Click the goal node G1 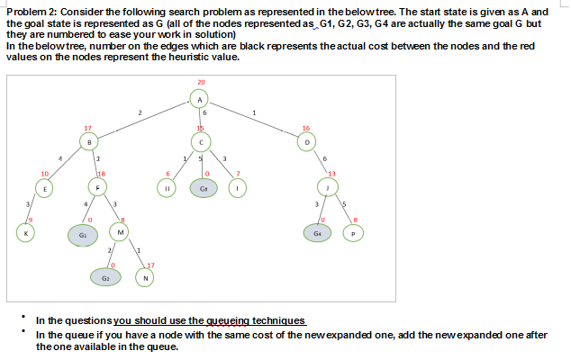82,233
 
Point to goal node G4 318,233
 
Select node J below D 330,186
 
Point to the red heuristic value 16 307,128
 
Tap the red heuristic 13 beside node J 332,172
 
